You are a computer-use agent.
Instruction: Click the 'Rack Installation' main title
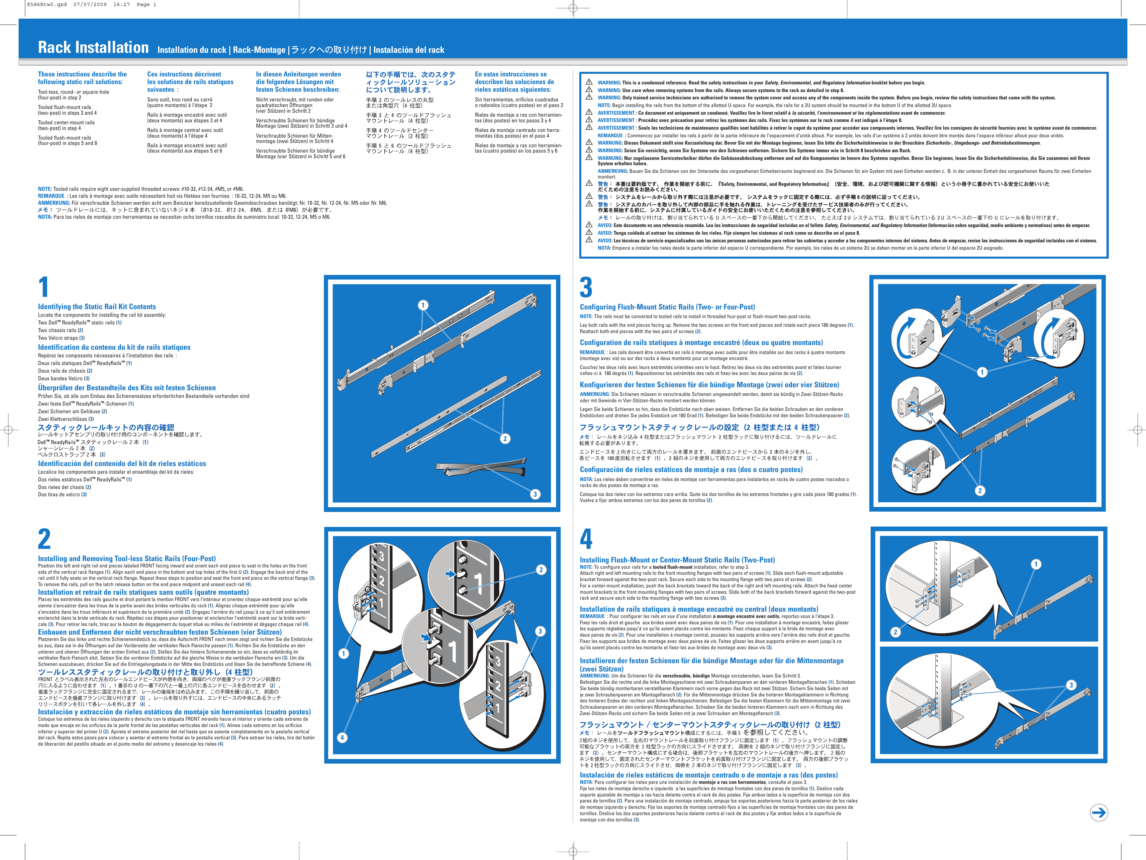tap(93, 48)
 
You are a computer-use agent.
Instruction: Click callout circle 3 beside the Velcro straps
tap(535, 494)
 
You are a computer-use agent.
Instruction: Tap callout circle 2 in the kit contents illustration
tap(505, 438)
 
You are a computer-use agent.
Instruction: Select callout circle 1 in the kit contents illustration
tap(423, 305)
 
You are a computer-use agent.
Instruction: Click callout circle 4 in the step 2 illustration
tap(342, 737)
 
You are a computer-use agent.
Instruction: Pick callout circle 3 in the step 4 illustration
tap(1071, 685)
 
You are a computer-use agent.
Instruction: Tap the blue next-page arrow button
tap(1099, 812)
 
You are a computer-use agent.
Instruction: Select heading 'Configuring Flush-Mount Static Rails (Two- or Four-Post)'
tap(667, 307)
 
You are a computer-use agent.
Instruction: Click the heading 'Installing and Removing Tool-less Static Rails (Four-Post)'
tap(127, 558)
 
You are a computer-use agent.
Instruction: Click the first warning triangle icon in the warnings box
tap(589, 82)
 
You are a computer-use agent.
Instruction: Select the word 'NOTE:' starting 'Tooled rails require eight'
tap(45, 189)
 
